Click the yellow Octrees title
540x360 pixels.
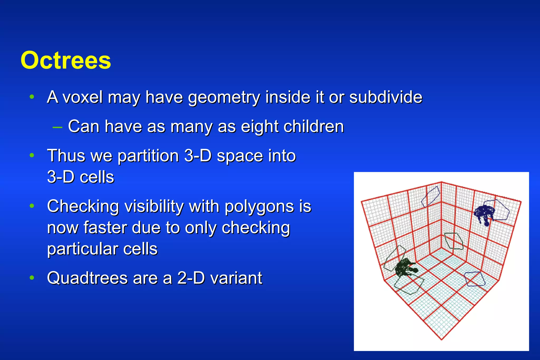[x=66, y=60]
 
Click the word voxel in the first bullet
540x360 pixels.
[x=83, y=97]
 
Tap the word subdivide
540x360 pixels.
[x=385, y=97]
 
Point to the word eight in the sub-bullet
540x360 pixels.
[x=259, y=127]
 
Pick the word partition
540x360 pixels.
[x=148, y=156]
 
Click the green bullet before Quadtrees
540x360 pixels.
[x=32, y=278]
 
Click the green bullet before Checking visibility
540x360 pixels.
[x=32, y=206]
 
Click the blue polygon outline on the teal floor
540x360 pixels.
[x=475, y=279]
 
